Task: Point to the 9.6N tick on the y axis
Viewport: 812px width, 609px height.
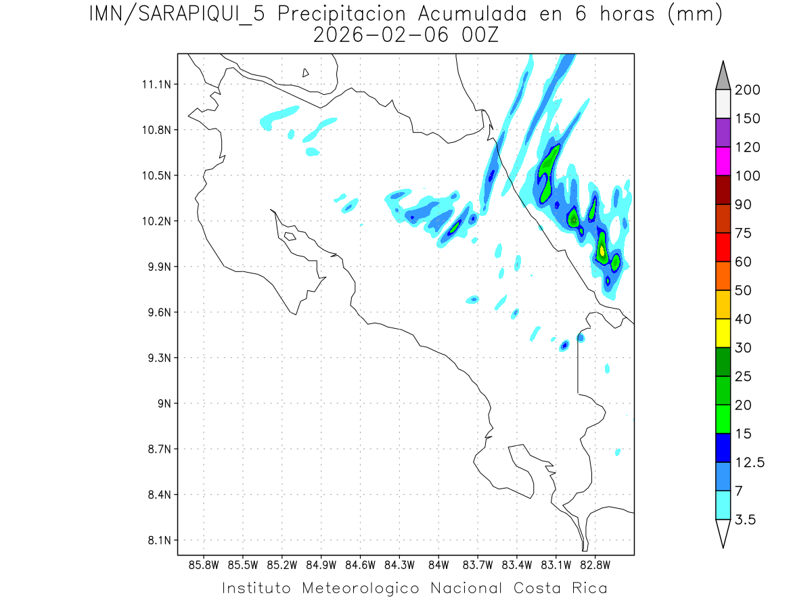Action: [x=156, y=313]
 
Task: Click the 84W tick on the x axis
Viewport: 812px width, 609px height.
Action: [x=438, y=564]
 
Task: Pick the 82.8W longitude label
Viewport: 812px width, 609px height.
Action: [x=595, y=564]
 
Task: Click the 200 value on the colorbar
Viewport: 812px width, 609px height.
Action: [x=748, y=90]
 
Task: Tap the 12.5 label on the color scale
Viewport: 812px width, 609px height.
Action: [x=750, y=462]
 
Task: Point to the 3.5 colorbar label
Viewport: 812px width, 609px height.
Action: [x=746, y=520]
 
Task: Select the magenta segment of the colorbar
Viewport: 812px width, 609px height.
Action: [x=722, y=161]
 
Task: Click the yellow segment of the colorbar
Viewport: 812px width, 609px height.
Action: [x=722, y=333]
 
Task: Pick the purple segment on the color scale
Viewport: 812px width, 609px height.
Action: [x=722, y=133]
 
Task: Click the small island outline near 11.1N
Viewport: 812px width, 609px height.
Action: [x=306, y=72]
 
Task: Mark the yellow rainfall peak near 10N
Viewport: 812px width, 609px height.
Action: [x=602, y=251]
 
